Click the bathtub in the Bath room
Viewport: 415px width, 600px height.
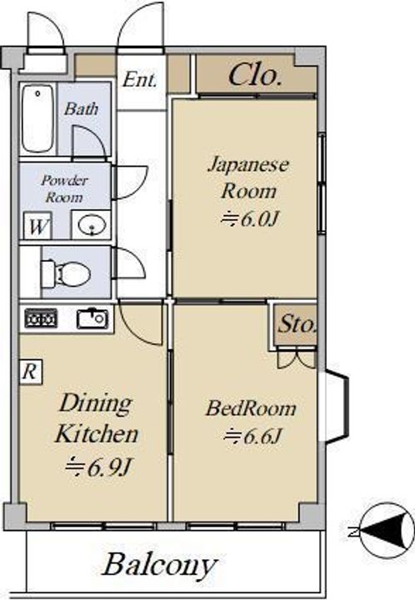(x=37, y=118)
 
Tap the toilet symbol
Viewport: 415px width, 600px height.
(x=65, y=273)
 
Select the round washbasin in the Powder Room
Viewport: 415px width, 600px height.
(x=91, y=225)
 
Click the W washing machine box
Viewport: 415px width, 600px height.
(x=37, y=226)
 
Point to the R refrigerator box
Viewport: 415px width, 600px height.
(x=31, y=371)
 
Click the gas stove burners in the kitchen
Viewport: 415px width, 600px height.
(x=41, y=318)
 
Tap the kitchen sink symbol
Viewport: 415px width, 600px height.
(x=92, y=318)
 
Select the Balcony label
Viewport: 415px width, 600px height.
(x=160, y=565)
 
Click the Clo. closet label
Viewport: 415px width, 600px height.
(x=255, y=74)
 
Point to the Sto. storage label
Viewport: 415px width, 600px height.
(x=297, y=324)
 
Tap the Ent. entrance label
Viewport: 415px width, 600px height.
(x=140, y=80)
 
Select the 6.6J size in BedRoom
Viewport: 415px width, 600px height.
(x=252, y=436)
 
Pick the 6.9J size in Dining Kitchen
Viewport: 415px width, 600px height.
(x=98, y=467)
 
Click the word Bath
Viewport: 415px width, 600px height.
(x=81, y=108)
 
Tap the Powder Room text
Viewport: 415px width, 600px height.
(x=64, y=188)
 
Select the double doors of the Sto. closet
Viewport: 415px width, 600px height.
(x=297, y=358)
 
